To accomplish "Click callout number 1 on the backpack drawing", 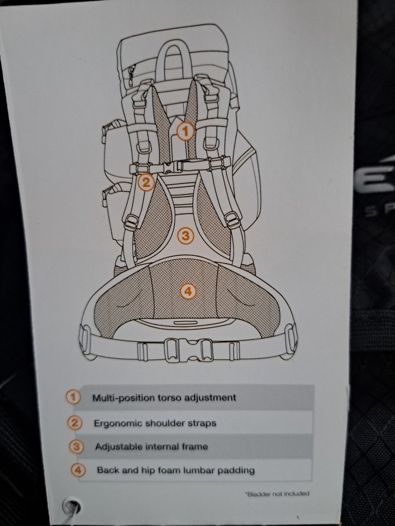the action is (x=186, y=131).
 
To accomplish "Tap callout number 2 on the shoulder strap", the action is (x=146, y=183).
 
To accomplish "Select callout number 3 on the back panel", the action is (x=185, y=236).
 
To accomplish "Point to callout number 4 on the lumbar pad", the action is (x=188, y=291).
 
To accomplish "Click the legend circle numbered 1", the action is (x=73, y=397).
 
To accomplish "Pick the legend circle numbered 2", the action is (x=75, y=423).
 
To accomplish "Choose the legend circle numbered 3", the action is (x=76, y=447).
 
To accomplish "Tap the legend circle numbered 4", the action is (x=78, y=470).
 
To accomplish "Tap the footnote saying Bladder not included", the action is (x=278, y=493).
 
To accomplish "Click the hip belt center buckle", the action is (x=189, y=350).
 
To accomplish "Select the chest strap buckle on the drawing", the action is (x=173, y=167).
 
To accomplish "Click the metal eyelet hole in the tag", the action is (x=72, y=506).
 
